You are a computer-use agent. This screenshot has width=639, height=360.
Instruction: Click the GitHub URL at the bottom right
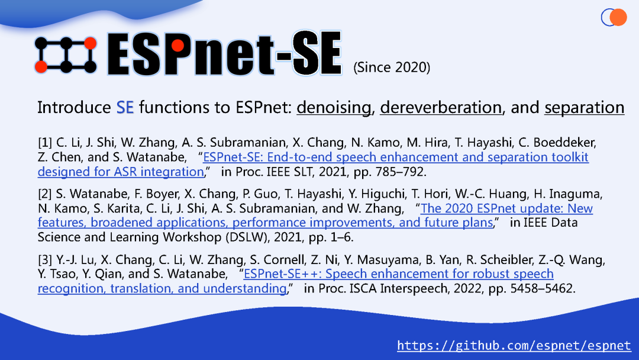[x=514, y=345]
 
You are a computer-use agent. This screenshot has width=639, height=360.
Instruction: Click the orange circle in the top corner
[x=618, y=17]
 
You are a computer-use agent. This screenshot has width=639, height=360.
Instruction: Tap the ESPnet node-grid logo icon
[x=65, y=54]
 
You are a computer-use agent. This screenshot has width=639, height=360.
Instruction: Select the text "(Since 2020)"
[x=391, y=67]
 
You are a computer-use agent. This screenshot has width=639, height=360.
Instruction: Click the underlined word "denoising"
[x=334, y=108]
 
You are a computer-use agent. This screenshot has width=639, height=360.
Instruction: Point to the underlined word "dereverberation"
[x=441, y=108]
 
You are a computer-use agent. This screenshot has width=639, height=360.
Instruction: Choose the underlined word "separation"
[x=584, y=108]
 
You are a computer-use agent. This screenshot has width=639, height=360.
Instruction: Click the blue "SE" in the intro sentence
[x=125, y=108]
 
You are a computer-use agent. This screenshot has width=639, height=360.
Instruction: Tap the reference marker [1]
[x=45, y=143]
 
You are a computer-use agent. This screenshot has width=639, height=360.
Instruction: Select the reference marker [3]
[x=45, y=260]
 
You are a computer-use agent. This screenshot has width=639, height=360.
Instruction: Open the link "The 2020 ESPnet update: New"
[x=506, y=208]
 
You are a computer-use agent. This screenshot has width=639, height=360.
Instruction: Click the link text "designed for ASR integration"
[x=120, y=172]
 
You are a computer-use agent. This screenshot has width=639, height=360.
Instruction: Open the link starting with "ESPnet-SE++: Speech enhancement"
[x=398, y=274]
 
